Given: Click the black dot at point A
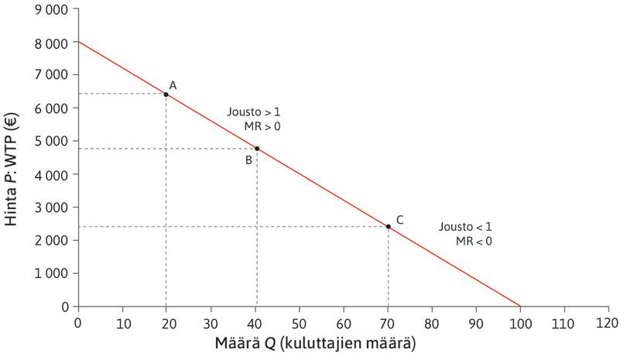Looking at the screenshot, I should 166,94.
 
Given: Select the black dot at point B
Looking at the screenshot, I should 257,149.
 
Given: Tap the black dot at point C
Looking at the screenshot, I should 389,227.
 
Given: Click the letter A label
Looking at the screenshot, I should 173,85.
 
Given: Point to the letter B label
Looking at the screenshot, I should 248,160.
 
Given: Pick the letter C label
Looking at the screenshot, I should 399,220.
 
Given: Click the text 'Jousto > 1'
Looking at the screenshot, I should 253,111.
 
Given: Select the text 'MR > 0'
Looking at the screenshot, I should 262,126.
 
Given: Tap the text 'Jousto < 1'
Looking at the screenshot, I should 465,227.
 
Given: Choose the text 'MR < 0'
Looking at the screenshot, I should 474,242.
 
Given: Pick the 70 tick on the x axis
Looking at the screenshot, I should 387,321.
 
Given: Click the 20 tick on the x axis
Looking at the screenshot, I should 166,321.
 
